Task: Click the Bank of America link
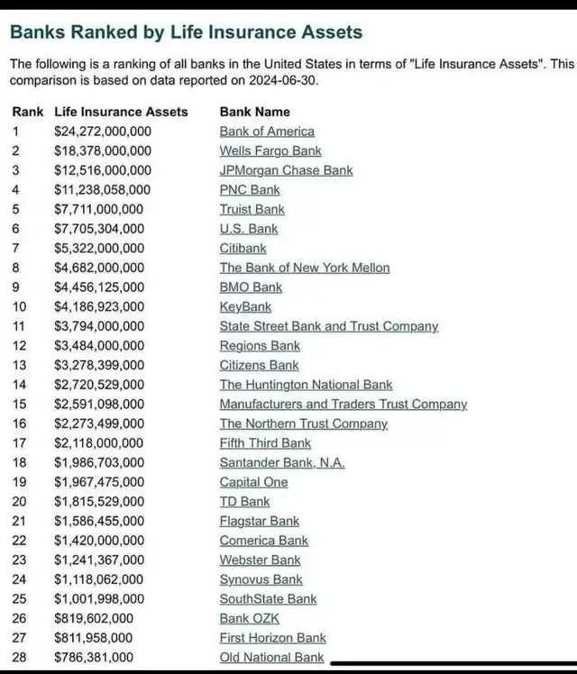coord(267,132)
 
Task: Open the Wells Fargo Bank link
coord(270,151)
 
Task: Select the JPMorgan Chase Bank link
coord(286,170)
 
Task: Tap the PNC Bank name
coord(250,190)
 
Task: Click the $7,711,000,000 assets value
coord(98,210)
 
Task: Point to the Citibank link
coord(243,249)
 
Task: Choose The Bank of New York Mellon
coord(305,268)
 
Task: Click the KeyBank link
coord(244,307)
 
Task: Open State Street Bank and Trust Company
coord(328,326)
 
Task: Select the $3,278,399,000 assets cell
coord(98,366)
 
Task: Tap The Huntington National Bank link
coord(306,385)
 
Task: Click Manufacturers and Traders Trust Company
coord(343,405)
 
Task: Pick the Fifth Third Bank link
coord(265,443)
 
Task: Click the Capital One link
coord(253,482)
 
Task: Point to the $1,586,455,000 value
coord(98,522)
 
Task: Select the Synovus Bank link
coord(261,580)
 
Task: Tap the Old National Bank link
coord(271,658)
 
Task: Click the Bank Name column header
coord(254,112)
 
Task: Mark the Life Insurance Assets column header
coord(121,112)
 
